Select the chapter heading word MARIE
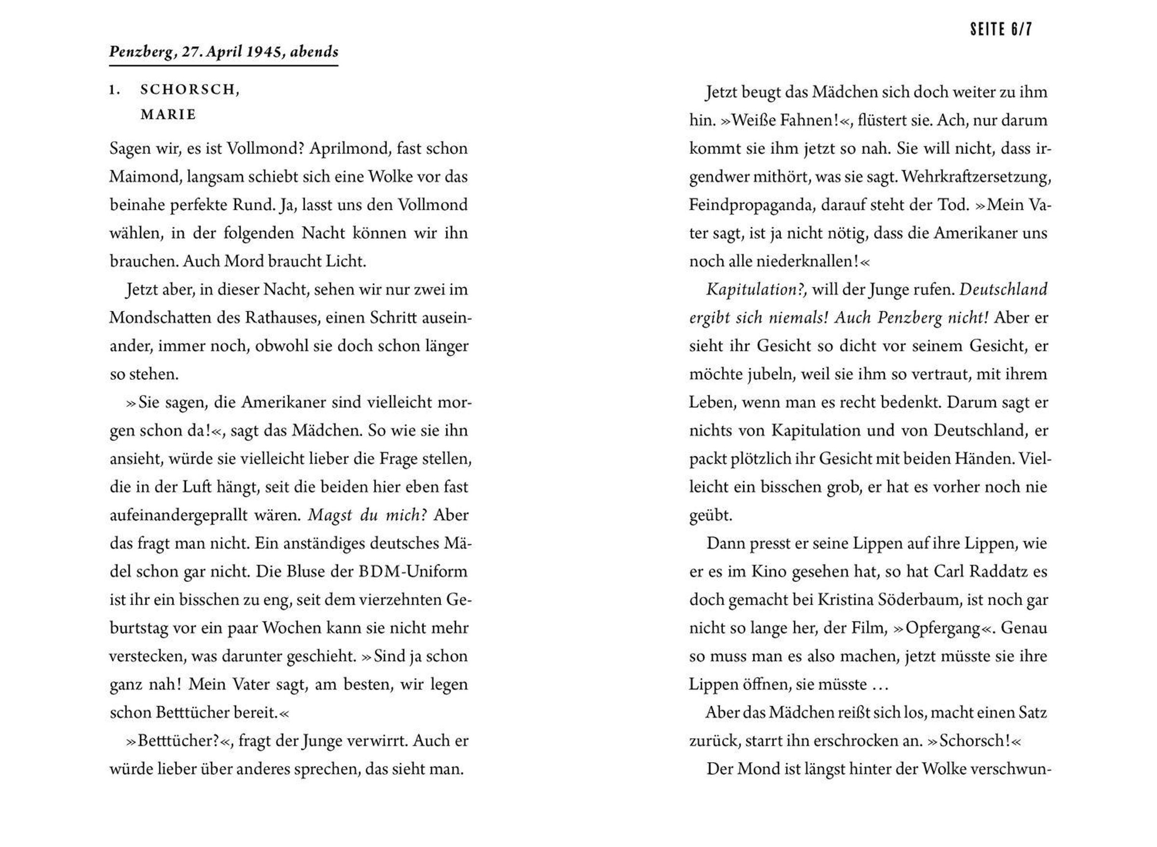(169, 115)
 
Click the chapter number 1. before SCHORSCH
(115, 90)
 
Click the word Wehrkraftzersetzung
(977, 177)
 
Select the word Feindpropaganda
(752, 205)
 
